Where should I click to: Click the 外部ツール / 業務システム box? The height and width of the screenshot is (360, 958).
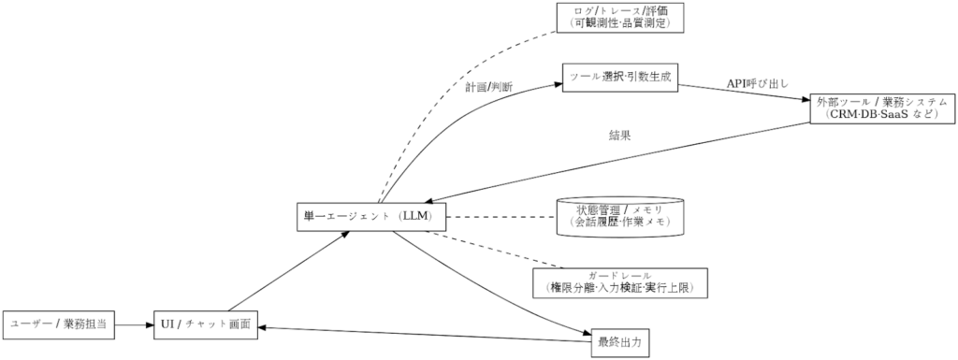[x=882, y=108]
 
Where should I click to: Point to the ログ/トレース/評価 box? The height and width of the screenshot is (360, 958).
[x=620, y=17]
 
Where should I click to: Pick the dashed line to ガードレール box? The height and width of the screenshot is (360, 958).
[x=496, y=249]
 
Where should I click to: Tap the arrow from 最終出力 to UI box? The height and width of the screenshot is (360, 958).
[x=421, y=334]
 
